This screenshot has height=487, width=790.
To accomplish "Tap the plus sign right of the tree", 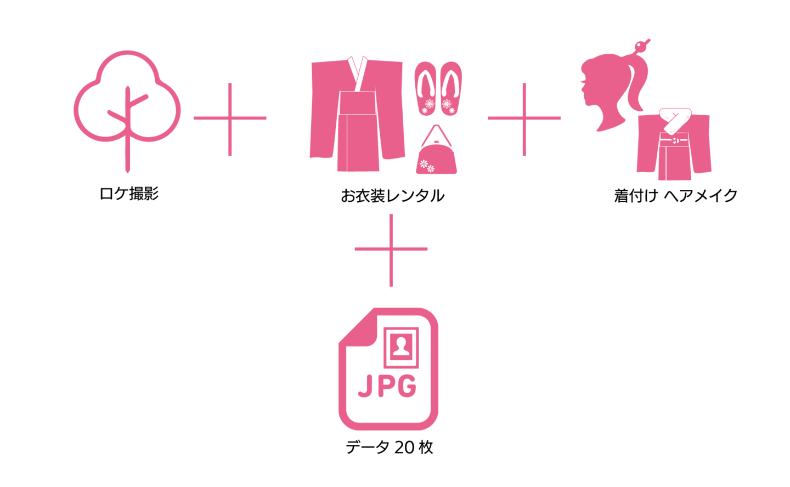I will pos(230,118).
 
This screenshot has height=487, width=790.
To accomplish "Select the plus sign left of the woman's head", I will pos(524,118).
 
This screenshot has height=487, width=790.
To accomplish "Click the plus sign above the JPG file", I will pos(391,250).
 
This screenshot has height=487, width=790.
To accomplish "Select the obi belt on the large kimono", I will pos(357,103).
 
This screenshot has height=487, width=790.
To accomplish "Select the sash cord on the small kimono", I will pos(674,141).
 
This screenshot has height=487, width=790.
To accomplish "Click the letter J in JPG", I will pos(365,386).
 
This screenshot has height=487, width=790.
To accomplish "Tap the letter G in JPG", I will pos(407,386).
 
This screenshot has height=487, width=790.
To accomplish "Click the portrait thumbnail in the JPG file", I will pos(402,347).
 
